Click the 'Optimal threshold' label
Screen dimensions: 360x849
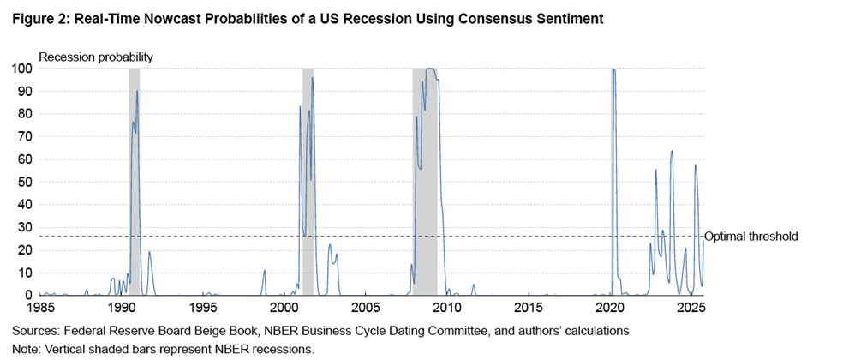750,237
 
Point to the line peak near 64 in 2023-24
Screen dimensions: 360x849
672,152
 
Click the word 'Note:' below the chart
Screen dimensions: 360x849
27,349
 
